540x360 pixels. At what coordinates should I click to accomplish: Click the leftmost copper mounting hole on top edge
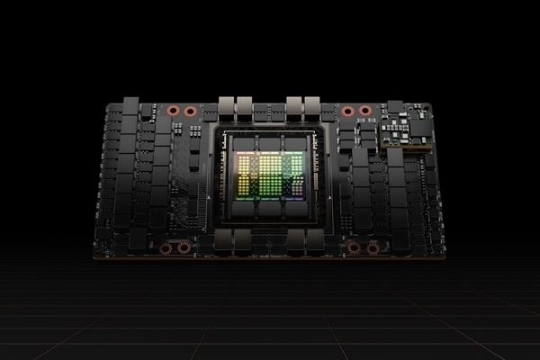174,112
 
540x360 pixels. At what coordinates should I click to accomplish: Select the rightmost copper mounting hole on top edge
364,112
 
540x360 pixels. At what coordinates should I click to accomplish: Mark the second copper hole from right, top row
347,112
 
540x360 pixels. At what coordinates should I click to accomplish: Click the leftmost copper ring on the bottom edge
166,247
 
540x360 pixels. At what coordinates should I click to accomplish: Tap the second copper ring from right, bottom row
354,247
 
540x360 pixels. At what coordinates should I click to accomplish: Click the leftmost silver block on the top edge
226,103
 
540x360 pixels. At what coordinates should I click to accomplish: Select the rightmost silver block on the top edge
313,103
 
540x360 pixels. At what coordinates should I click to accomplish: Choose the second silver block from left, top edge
246,103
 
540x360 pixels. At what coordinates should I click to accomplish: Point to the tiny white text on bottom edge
270,255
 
